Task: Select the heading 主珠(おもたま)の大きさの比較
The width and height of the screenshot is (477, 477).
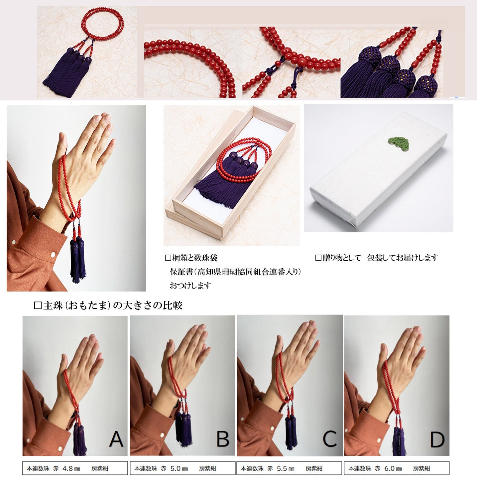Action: coord(108,305)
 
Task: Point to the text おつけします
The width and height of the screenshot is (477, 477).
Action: coord(190,286)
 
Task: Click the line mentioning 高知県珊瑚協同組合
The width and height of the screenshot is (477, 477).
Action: coord(235,272)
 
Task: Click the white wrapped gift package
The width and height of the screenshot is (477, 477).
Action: coord(378,169)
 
